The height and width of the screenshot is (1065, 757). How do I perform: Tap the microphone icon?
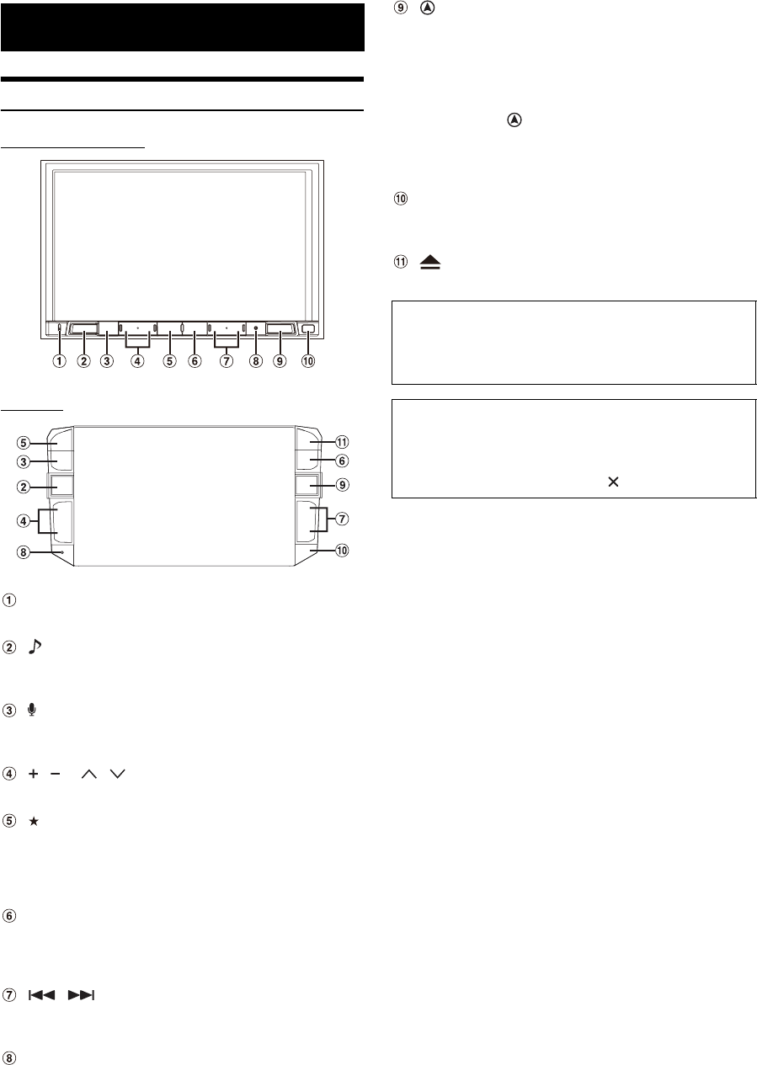[32, 710]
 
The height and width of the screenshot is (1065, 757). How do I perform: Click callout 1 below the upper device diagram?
[60, 362]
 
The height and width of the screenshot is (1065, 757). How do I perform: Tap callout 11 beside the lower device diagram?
[343, 442]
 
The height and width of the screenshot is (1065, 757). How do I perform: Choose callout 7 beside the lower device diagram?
[343, 517]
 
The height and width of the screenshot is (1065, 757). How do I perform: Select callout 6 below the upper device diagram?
[195, 362]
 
